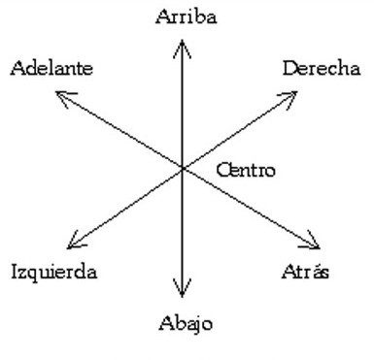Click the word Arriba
187,16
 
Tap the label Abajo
186,323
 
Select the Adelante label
51,68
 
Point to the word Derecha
322,69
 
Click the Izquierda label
54,272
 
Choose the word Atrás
305,272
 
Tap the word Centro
246,170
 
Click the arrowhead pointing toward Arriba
182,49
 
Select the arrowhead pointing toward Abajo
182,288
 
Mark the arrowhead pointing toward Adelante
66,99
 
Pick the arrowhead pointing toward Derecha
288,99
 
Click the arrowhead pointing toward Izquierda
77,241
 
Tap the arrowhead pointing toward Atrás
310,241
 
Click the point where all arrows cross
183,168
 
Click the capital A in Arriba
163,17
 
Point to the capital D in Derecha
290,69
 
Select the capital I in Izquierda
16,272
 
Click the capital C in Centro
222,170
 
